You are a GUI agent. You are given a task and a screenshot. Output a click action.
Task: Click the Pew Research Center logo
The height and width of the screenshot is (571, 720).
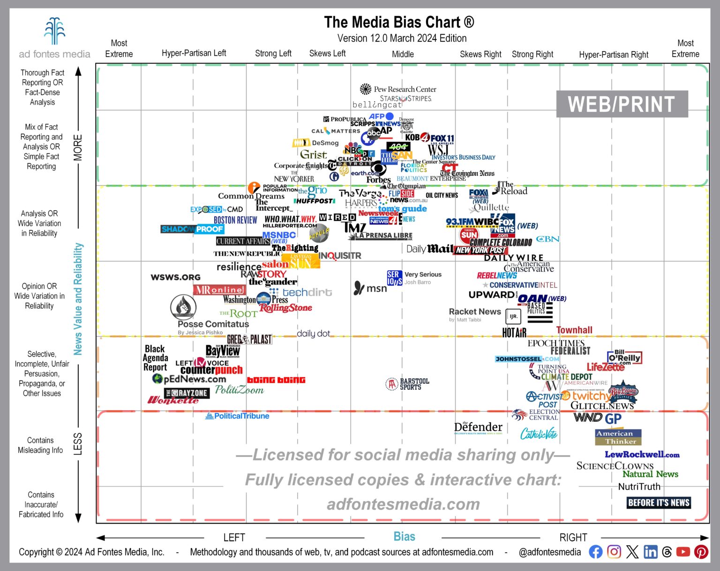click(x=398, y=89)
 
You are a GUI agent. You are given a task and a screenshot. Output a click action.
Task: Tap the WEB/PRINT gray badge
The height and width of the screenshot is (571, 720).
click(x=622, y=104)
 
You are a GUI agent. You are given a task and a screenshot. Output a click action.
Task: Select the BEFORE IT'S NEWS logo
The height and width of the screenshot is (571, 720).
click(x=659, y=502)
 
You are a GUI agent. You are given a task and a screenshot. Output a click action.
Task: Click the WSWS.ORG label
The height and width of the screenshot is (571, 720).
click(x=175, y=277)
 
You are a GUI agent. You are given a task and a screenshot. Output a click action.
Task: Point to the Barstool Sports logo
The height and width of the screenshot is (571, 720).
click(x=407, y=384)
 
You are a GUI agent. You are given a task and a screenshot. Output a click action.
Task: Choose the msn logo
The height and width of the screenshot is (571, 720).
click(x=370, y=288)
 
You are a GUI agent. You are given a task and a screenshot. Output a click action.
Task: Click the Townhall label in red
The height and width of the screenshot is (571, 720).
click(x=574, y=330)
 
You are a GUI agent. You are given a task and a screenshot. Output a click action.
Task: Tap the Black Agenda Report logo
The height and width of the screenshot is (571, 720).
click(x=155, y=358)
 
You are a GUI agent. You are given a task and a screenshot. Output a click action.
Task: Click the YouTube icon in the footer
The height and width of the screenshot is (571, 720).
click(x=683, y=552)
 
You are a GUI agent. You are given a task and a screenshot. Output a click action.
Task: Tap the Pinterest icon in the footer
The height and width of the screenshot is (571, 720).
click(x=701, y=552)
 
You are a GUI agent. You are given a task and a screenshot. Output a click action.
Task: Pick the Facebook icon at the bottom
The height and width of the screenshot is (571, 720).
click(x=595, y=552)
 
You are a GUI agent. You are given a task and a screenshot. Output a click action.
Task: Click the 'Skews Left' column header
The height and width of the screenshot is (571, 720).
click(x=327, y=53)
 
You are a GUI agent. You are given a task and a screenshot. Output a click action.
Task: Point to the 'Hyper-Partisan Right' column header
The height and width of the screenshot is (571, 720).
click(x=614, y=54)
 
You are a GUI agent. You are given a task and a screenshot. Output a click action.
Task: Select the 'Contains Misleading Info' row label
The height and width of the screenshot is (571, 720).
click(x=40, y=445)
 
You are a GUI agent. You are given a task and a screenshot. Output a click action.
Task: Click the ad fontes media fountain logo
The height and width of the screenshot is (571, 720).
click(x=54, y=31)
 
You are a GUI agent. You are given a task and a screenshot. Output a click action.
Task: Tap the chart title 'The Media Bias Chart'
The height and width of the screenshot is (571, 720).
click(x=399, y=22)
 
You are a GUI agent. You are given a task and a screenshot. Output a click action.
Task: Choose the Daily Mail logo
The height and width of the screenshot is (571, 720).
click(x=429, y=249)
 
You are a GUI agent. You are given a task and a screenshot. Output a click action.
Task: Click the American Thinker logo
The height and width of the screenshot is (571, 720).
click(x=618, y=437)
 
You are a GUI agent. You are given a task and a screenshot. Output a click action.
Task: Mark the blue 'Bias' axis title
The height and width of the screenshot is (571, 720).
click(x=404, y=537)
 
